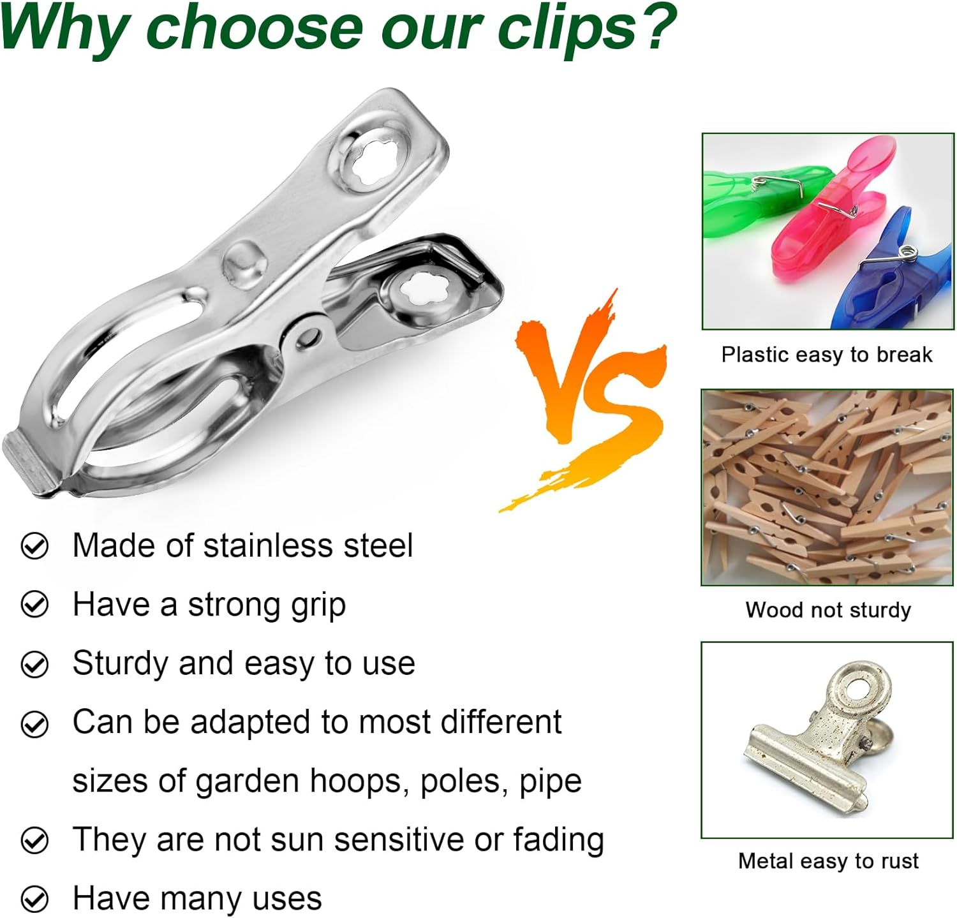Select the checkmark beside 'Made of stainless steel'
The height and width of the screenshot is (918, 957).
coord(34,546)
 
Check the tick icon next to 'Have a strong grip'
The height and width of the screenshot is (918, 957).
coord(34,605)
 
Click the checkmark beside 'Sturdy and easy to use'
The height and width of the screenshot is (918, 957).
coord(34,664)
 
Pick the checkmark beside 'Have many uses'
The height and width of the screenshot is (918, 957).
coord(34,899)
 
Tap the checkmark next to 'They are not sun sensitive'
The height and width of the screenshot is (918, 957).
coord(34,840)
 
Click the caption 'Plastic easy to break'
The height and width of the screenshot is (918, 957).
coord(827,355)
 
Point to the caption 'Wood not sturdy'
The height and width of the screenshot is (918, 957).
coord(828,610)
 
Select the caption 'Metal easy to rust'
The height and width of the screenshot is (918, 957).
coord(828,861)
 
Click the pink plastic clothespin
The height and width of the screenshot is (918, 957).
coord(829,211)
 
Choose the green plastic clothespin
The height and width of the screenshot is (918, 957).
coord(753,198)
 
